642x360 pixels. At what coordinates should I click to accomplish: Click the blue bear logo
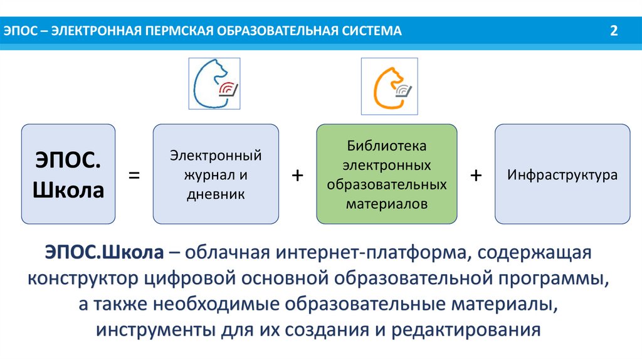(x=215, y=84)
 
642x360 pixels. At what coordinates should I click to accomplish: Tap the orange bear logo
(x=389, y=86)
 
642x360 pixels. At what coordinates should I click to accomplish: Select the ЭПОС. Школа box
(x=69, y=174)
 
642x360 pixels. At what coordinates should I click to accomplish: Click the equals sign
(x=134, y=177)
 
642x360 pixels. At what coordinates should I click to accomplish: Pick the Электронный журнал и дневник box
(x=216, y=174)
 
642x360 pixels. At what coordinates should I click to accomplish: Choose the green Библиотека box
(x=387, y=174)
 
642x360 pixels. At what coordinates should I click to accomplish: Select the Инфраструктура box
(x=562, y=174)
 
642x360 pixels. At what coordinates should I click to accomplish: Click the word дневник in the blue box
(x=215, y=194)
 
